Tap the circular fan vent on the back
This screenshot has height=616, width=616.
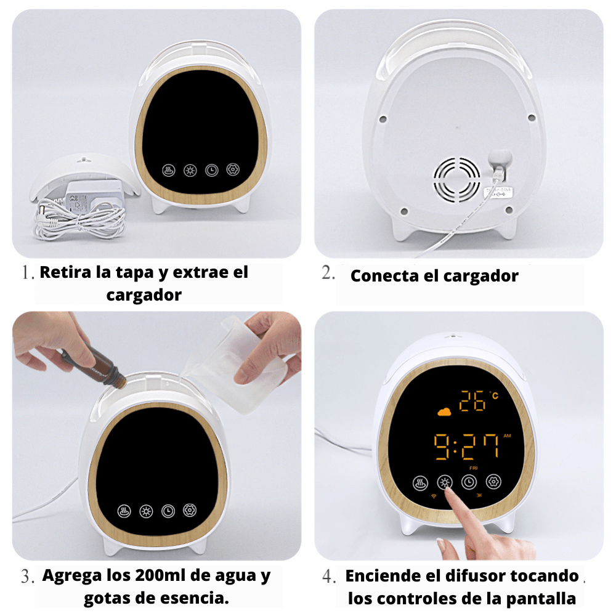456,179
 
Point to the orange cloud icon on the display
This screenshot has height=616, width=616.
444,411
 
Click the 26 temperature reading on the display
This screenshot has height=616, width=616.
472,401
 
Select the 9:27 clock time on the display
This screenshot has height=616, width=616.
466,447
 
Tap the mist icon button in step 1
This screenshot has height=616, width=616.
169,171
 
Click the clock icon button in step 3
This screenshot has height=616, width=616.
168,511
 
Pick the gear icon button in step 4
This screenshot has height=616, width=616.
493,482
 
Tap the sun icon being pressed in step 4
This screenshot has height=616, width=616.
445,482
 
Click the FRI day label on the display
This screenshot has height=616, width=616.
473,468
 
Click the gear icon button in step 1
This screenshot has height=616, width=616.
233,170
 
